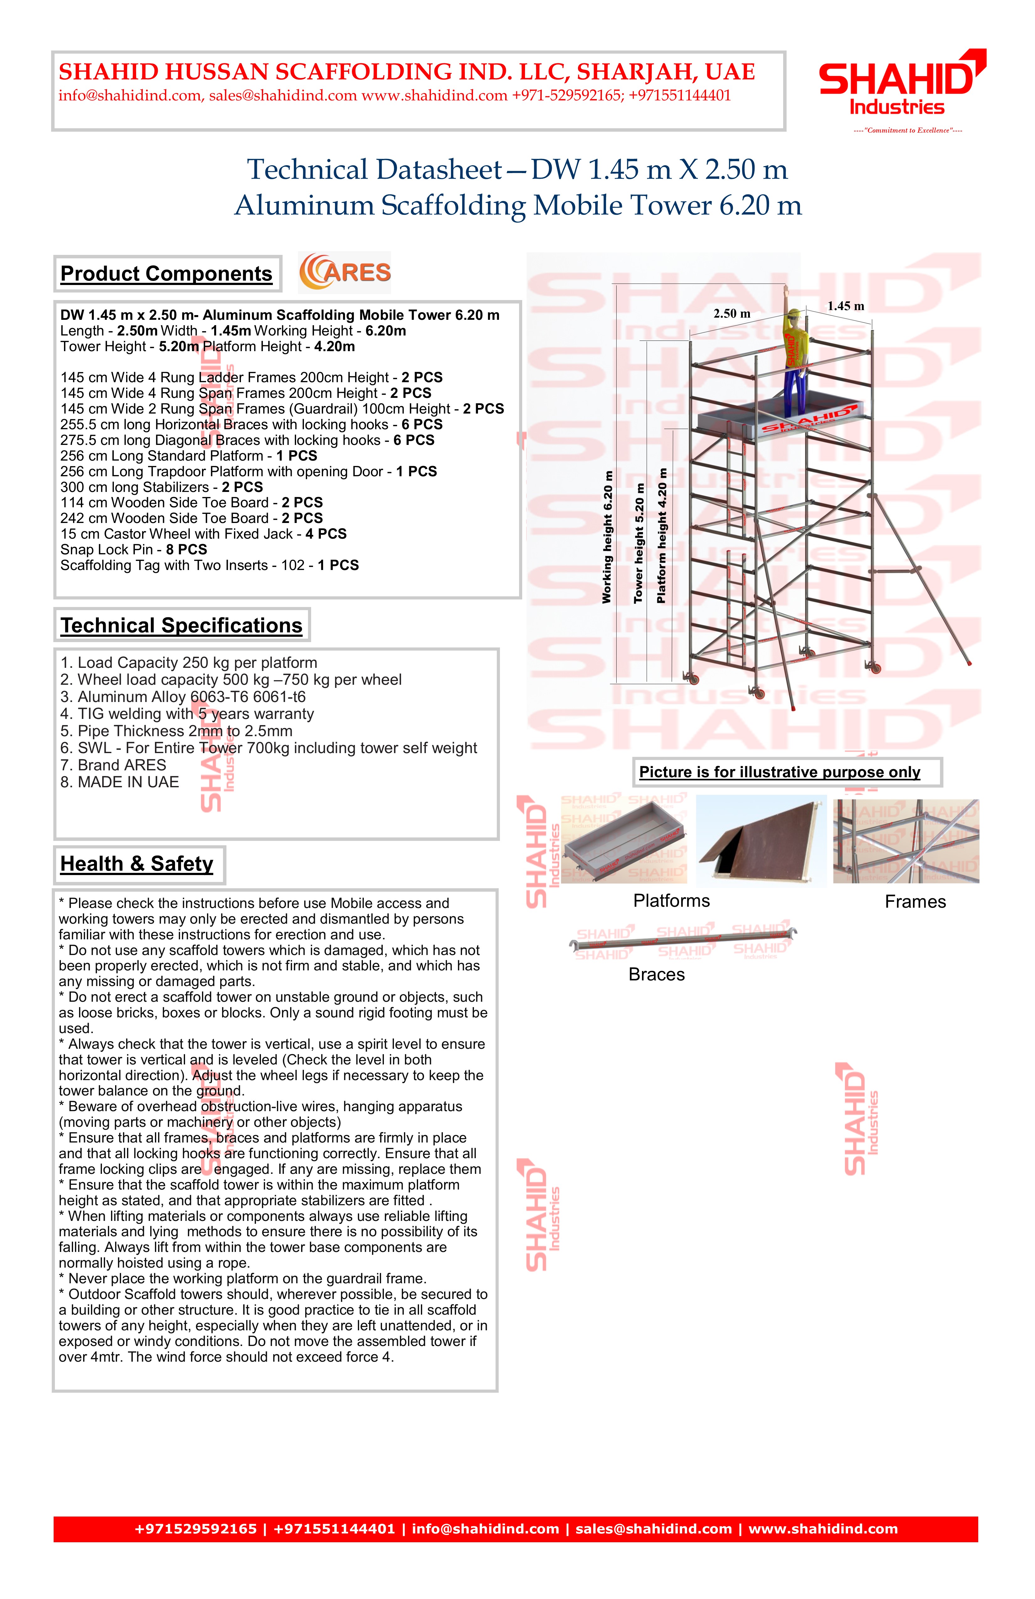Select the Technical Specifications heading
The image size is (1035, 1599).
(x=182, y=625)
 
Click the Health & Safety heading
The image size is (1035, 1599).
(x=137, y=864)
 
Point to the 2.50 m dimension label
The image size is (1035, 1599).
(x=732, y=314)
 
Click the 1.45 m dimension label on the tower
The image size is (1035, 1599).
(x=846, y=306)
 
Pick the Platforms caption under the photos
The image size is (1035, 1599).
(x=671, y=901)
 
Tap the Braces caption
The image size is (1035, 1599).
(x=657, y=975)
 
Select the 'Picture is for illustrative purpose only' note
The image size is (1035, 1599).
(x=780, y=772)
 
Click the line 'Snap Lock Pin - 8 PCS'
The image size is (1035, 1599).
(x=134, y=550)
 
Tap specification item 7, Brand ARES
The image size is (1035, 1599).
(x=113, y=765)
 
